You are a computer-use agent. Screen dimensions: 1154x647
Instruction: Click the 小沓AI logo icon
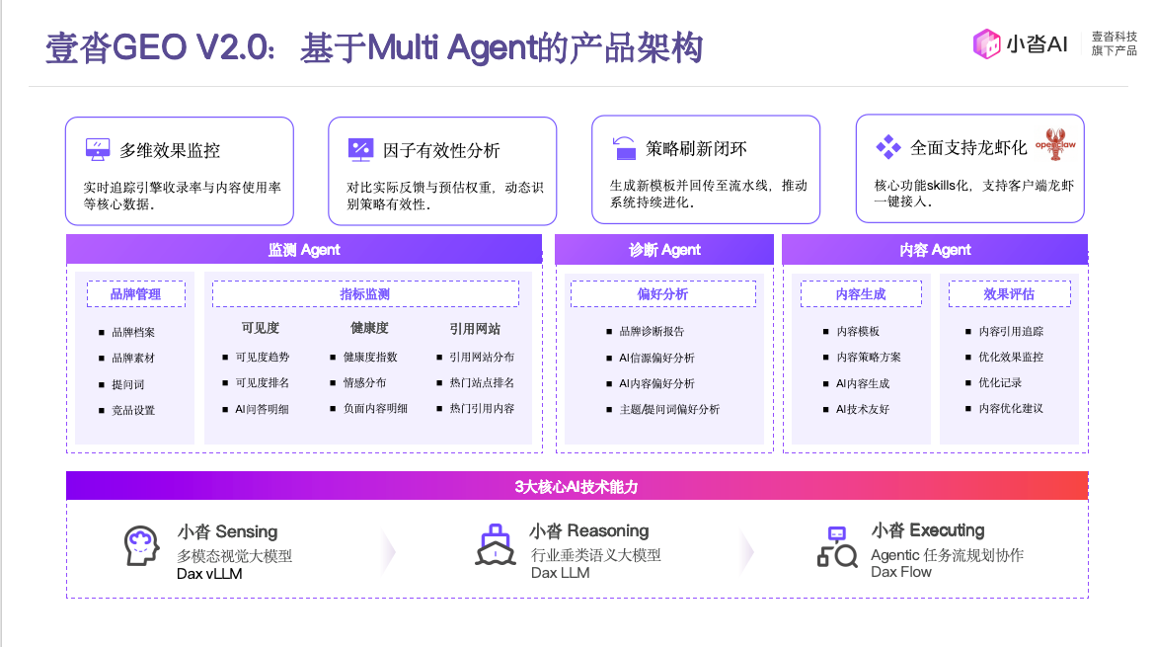click(986, 44)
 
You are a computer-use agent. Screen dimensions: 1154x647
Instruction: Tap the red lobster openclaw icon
click(1056, 144)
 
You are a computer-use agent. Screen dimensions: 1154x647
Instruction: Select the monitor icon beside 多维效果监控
click(97, 149)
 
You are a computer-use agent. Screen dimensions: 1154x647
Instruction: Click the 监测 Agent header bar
click(304, 250)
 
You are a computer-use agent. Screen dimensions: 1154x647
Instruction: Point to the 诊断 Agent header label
click(663, 250)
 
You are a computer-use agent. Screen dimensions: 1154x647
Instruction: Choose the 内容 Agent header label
click(935, 250)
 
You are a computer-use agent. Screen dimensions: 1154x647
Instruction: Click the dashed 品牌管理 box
click(135, 293)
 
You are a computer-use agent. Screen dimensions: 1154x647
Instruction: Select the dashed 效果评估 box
click(1009, 293)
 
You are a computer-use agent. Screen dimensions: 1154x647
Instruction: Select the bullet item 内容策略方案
click(862, 357)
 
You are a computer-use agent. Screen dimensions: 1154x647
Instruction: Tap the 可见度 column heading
click(261, 328)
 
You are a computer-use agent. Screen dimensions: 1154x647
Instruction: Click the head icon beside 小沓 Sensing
click(141, 545)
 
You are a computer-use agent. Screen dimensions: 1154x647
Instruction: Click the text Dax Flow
click(901, 572)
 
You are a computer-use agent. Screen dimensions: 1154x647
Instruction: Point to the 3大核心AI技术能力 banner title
click(577, 487)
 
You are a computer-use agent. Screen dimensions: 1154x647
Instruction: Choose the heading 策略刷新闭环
click(696, 149)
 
